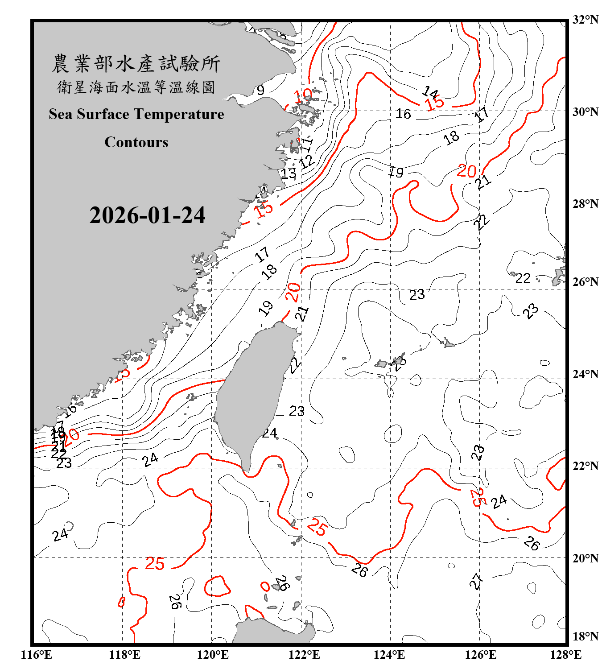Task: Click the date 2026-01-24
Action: pos(147,215)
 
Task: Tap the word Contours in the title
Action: pos(136,142)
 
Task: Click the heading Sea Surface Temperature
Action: pos(136,114)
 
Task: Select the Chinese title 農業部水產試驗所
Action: pos(136,64)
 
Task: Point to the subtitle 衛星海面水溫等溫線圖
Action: pos(136,87)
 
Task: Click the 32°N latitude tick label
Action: pos(586,20)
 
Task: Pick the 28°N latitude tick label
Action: pos(586,204)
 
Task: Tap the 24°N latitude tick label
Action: pos(586,374)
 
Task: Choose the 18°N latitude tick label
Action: pos(586,636)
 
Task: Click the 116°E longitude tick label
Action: pos(36,655)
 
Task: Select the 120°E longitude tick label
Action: pos(212,655)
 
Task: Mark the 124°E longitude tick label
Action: pos(389,655)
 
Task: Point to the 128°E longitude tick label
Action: pos(565,655)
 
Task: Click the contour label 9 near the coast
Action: pos(260,91)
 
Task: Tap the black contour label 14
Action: pos(430,92)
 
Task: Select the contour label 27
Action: pos(476,581)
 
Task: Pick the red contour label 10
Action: pos(303,95)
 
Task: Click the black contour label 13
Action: pos(289,173)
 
